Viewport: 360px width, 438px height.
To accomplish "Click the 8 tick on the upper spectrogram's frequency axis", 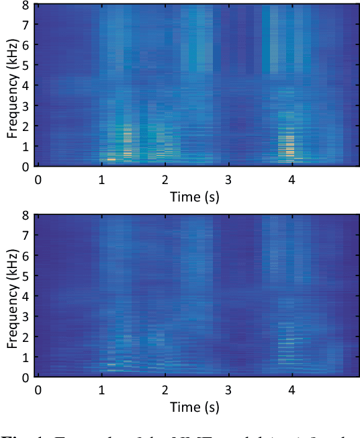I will [x=26, y=5].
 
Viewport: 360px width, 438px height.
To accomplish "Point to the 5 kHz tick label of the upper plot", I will [x=26, y=66].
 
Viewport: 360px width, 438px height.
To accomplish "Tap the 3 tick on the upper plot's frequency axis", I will [x=26, y=106].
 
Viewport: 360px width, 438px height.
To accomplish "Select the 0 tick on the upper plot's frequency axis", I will [x=26, y=166].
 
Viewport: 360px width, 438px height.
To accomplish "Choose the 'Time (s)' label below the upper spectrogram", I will [x=195, y=196].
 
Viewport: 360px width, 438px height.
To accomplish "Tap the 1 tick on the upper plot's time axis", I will [x=101, y=179].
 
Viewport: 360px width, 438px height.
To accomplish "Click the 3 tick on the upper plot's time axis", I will [x=228, y=179].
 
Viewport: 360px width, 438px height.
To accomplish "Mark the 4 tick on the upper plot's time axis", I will [x=291, y=179].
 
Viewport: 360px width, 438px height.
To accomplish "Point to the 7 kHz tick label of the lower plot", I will [x=26, y=236].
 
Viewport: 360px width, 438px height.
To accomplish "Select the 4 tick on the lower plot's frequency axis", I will [x=26, y=297].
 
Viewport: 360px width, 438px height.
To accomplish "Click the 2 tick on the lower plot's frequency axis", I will [x=26, y=337].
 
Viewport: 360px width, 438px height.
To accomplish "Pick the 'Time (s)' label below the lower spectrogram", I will [x=195, y=407].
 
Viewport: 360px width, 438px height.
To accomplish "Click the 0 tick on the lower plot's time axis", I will [x=38, y=390].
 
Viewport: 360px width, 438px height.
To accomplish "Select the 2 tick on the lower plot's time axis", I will [x=165, y=390].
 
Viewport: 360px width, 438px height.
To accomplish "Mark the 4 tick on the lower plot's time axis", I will [x=291, y=390].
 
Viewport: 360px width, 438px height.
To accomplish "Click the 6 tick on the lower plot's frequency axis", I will [x=26, y=257].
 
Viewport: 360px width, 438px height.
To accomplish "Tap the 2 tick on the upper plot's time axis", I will [x=165, y=179].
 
